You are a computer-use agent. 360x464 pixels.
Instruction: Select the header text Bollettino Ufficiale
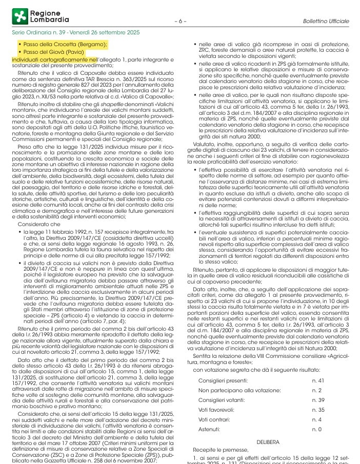coord(326,22)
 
